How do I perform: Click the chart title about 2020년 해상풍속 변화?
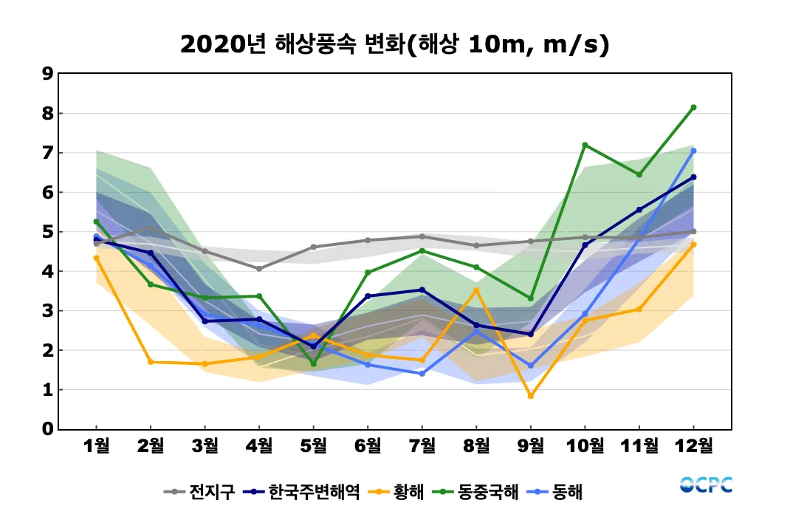coord(394,45)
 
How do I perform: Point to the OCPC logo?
coord(706,485)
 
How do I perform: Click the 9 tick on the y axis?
coord(47,74)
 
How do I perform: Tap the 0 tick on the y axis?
coord(47,429)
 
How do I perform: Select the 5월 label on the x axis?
coord(314,445)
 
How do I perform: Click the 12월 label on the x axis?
coord(693,445)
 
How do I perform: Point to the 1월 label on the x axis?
coord(97,445)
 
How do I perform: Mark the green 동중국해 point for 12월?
coord(693,108)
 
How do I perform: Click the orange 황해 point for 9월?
coord(531,396)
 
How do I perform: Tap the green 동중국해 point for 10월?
coord(585,145)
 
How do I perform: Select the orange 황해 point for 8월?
coord(476,290)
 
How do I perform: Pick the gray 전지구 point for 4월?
coord(259,269)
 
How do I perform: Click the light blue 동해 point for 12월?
coord(693,151)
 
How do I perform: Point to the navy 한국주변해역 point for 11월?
coord(639,210)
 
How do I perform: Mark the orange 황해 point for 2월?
coord(151,362)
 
